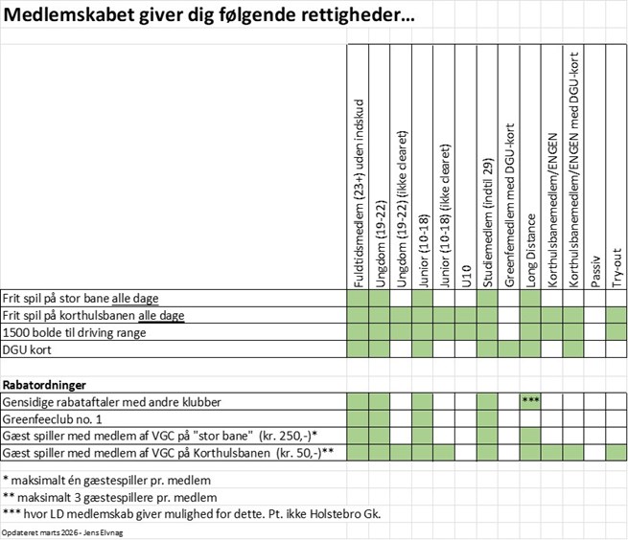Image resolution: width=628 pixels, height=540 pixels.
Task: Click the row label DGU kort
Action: [28, 349]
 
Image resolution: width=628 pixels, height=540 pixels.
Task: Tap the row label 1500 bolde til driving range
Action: [76, 331]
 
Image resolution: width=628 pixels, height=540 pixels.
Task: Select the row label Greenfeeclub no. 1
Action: [52, 417]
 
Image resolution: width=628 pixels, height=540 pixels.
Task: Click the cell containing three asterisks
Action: [531, 400]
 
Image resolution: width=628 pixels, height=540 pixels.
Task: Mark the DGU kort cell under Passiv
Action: [595, 349]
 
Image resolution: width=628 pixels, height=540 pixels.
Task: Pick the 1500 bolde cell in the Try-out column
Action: [617, 331]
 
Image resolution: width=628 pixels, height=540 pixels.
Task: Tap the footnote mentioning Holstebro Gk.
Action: [192, 514]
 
